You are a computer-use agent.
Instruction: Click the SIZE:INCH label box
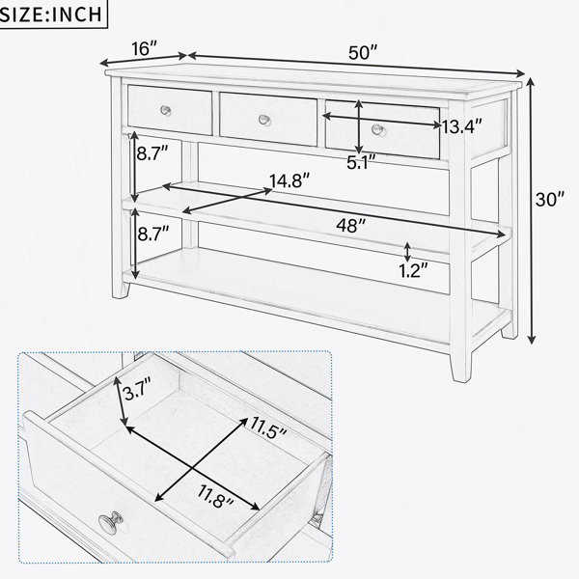[53, 14]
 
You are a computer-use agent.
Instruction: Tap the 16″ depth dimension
[145, 48]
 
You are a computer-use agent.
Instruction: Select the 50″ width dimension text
[364, 53]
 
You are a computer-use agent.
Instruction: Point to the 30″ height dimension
[550, 200]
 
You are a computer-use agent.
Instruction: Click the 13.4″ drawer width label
[461, 126]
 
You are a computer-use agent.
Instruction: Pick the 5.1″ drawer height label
[361, 162]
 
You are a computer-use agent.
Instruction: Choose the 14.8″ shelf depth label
[289, 180]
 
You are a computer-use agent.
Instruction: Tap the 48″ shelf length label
[351, 225]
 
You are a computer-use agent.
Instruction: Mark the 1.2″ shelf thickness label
[413, 270]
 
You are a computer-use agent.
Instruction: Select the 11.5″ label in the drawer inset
[268, 427]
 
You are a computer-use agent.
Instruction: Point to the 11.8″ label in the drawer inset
[215, 496]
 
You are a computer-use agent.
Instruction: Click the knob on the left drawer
[166, 110]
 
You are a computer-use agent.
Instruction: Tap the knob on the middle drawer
[264, 120]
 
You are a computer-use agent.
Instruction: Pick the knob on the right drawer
[378, 129]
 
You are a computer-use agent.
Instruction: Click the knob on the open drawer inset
[111, 521]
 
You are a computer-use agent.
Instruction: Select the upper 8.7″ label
[152, 152]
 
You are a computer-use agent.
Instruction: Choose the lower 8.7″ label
[153, 234]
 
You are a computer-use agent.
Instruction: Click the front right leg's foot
[461, 368]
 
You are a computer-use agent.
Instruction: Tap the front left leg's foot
[121, 289]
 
